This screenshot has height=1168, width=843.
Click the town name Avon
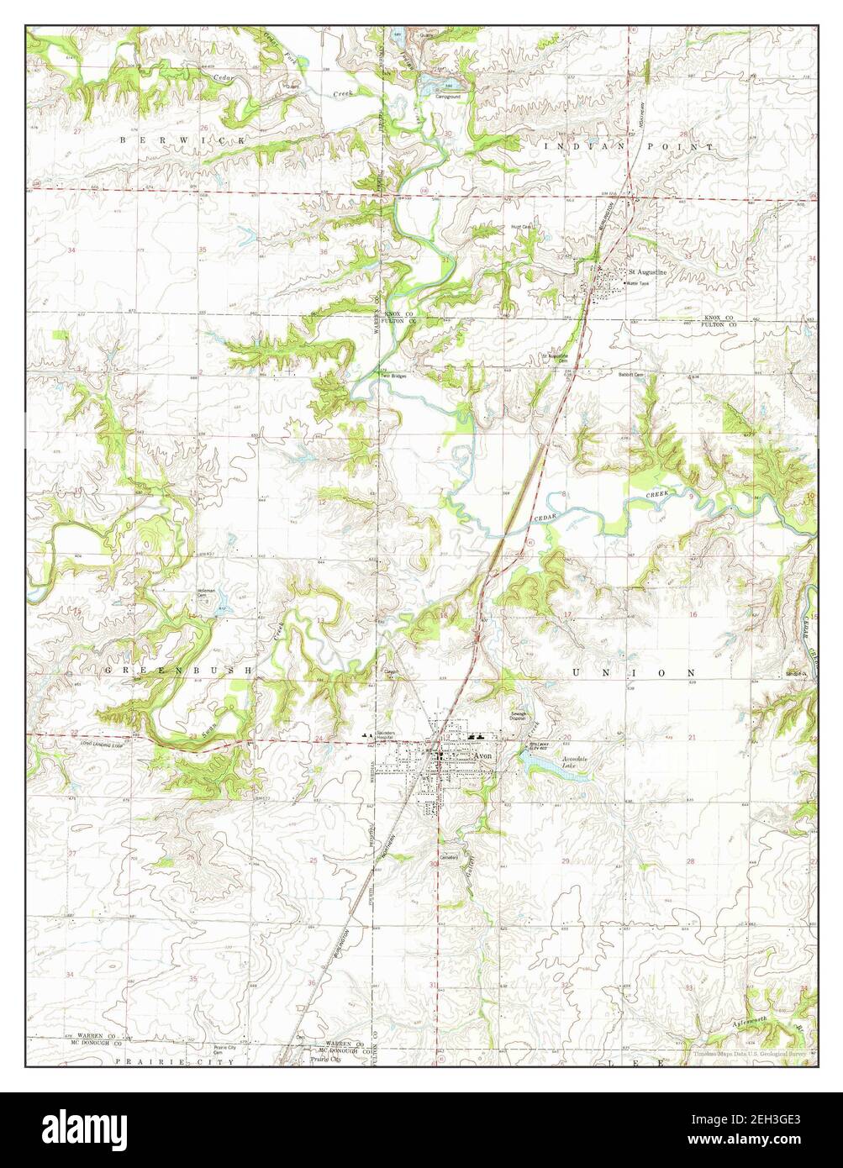[x=482, y=755]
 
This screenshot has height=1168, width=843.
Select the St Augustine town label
[x=647, y=273]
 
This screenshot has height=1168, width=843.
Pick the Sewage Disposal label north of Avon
[x=519, y=717]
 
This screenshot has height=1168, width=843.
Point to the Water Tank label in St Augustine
[x=638, y=284]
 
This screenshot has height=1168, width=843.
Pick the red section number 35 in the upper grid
[x=203, y=250]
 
